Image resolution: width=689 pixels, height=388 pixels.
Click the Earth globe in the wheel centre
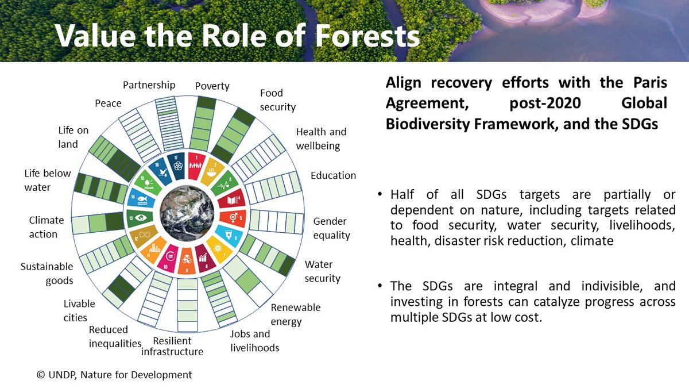[x=187, y=213]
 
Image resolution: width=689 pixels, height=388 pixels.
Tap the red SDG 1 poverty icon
[x=195, y=166]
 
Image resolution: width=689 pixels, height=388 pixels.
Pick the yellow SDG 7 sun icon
[x=219, y=249]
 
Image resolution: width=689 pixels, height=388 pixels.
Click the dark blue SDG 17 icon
[x=177, y=166]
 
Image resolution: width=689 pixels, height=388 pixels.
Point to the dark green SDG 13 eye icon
[x=140, y=218]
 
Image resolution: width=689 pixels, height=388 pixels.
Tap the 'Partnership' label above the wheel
[x=149, y=85]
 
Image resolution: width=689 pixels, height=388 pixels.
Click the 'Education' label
[x=333, y=175]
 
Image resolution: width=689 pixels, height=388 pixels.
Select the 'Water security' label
[x=322, y=271]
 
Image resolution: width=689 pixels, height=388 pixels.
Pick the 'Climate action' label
[x=47, y=227]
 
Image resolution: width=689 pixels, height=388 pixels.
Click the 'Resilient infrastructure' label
[x=172, y=346]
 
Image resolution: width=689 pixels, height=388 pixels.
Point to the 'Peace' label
[x=108, y=103]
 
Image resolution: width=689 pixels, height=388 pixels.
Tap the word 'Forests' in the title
[x=367, y=36]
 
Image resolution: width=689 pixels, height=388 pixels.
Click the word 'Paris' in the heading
[x=650, y=83]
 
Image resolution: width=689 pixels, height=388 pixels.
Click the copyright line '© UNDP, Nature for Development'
[x=114, y=375]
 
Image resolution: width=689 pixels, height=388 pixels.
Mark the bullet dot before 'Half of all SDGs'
[x=380, y=194]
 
